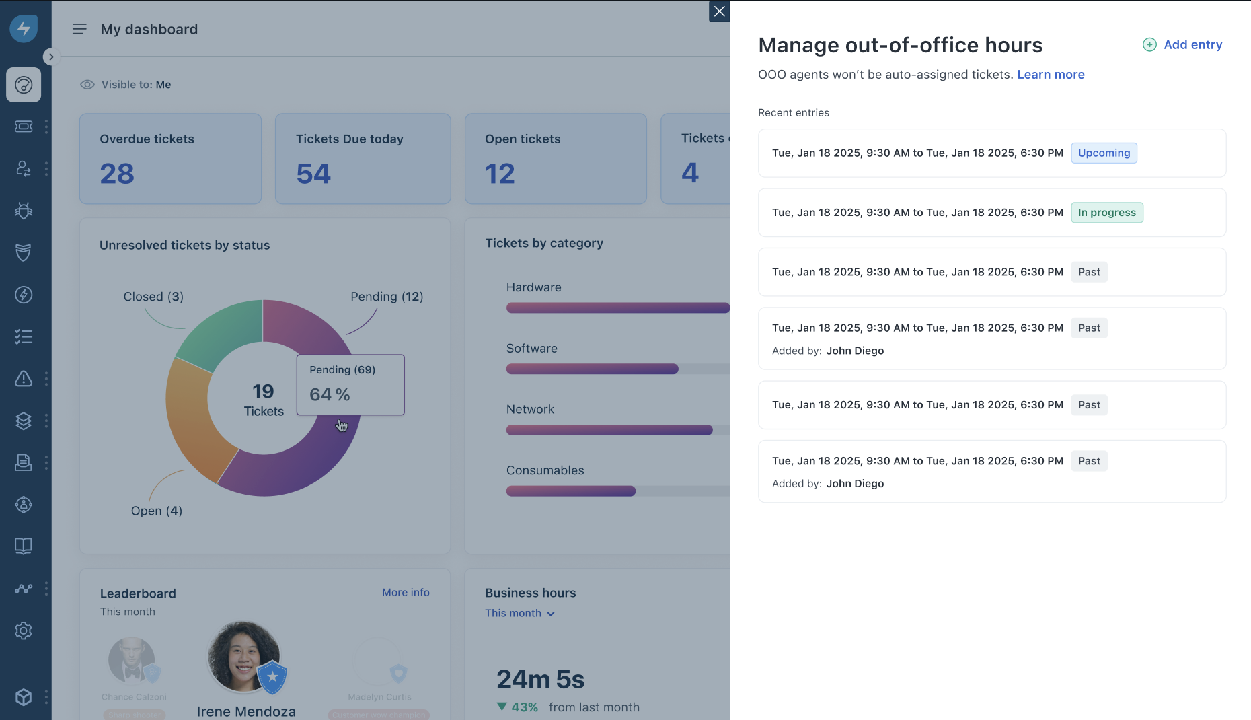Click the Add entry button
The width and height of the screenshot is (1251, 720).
[x=1182, y=45]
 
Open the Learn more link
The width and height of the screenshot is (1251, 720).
[x=1051, y=75]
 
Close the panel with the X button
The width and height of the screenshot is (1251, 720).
[x=719, y=11]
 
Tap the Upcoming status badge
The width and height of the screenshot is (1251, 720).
[x=1104, y=153]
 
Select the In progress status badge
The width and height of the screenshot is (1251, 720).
[x=1106, y=213]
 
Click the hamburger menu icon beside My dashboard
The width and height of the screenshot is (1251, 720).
[x=79, y=29]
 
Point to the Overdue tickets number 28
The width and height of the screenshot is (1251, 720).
[x=117, y=174]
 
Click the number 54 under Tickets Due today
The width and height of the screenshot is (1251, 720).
[x=313, y=174]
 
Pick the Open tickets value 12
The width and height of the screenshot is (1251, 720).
[x=500, y=174]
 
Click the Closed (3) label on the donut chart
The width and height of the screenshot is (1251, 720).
[x=153, y=297]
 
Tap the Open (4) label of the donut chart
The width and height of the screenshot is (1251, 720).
[x=156, y=511]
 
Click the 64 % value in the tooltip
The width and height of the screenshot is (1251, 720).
[x=330, y=394]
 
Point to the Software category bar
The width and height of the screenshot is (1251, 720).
[x=592, y=369]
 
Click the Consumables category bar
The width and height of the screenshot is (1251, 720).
[x=570, y=491]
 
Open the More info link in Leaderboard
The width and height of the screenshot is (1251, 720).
[x=406, y=592]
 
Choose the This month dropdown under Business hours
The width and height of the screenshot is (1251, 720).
[x=519, y=613]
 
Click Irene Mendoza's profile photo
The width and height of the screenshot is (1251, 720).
[x=243, y=657]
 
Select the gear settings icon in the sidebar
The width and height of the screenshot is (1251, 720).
[x=24, y=631]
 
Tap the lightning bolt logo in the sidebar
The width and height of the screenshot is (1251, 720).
[x=24, y=28]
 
